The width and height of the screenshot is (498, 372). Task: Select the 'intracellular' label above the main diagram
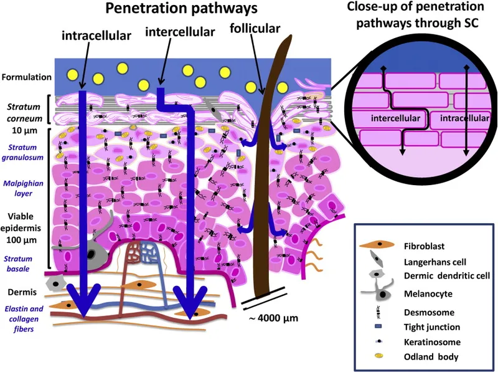click(x=96, y=36)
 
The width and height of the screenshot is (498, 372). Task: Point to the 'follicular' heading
click(x=254, y=29)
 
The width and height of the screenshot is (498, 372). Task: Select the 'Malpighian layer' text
click(x=24, y=188)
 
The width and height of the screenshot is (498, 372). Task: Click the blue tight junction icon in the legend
click(x=380, y=327)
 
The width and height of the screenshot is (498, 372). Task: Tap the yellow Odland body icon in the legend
click(x=380, y=356)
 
